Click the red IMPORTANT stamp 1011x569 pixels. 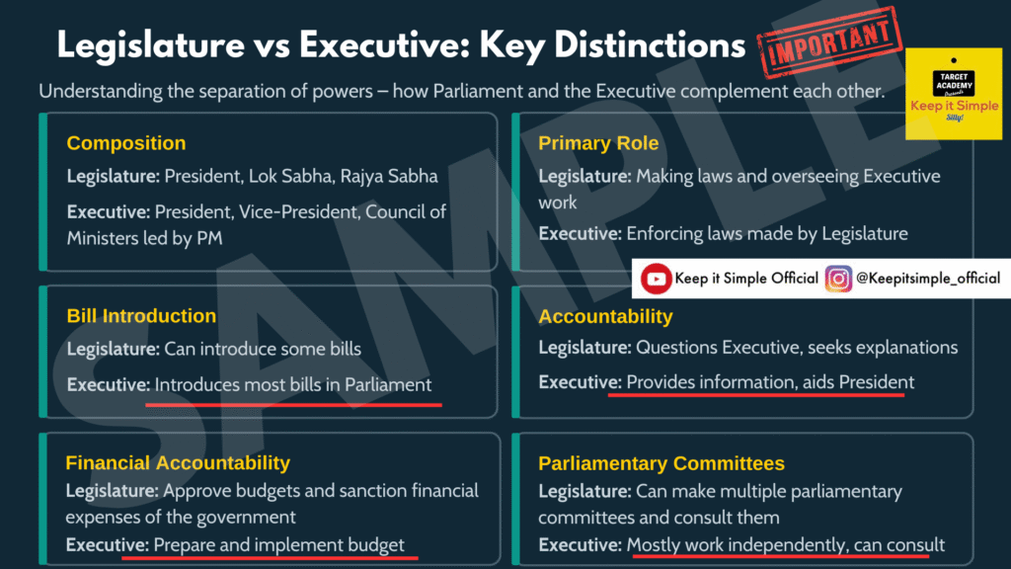coord(829,42)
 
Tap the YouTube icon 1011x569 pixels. coord(656,279)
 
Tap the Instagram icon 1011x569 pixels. coord(838,279)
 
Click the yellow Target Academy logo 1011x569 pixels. coord(954,94)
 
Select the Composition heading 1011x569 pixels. coord(126,143)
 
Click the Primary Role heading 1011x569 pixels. coord(598,143)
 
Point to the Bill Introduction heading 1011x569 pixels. coord(141,315)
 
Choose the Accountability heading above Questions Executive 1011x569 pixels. coord(605,316)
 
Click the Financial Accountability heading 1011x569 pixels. coord(178,462)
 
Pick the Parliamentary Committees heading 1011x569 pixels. coord(661,463)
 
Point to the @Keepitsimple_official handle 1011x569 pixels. coord(928,278)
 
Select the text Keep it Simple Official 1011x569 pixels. coord(746,278)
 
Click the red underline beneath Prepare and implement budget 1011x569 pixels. coord(270,556)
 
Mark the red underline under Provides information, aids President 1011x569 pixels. coord(756,393)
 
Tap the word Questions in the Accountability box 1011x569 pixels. coord(676,348)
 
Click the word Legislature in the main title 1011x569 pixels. coord(151,46)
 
